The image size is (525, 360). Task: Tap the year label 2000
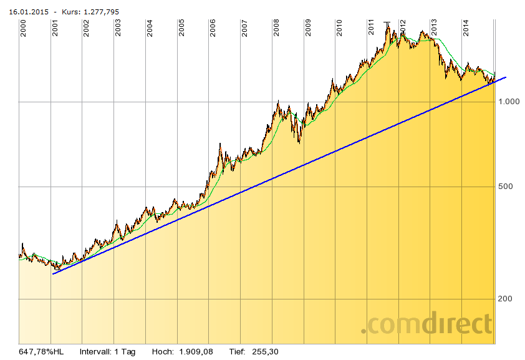click(24, 28)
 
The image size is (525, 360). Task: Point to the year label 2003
click(118, 28)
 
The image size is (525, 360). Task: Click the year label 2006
click(213, 28)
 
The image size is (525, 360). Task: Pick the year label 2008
click(276, 28)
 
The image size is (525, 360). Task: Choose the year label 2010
click(340, 28)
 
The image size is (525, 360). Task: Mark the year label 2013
click(435, 28)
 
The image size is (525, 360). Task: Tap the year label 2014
click(466, 28)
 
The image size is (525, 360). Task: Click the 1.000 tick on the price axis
click(510, 102)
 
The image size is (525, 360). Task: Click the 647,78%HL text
click(42, 352)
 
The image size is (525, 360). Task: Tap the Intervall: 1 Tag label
click(107, 352)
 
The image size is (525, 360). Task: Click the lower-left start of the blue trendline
click(53, 273)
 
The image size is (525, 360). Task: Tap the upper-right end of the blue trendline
click(506, 77)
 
